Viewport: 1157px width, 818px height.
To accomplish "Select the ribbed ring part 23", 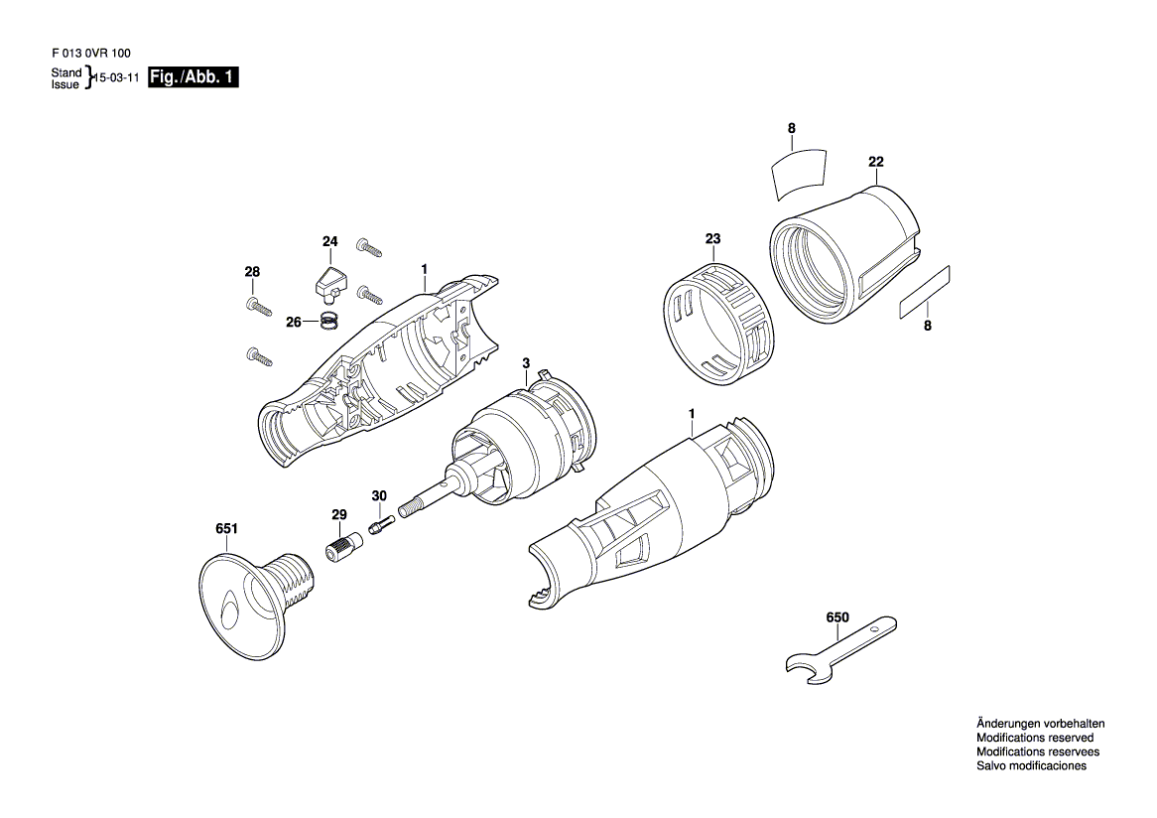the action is [714, 325].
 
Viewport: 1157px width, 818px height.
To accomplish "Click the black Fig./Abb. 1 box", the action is [193, 76].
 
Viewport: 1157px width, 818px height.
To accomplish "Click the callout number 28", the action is [252, 272].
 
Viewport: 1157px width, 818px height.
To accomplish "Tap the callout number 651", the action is [226, 528].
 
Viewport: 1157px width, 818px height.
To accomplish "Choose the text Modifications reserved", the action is [1035, 738].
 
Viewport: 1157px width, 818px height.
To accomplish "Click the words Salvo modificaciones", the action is [1032, 765].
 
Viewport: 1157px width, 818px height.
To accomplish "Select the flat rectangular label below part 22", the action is [925, 293].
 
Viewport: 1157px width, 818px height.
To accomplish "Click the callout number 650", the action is [837, 617].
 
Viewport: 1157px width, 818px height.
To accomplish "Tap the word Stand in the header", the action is [66, 72].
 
